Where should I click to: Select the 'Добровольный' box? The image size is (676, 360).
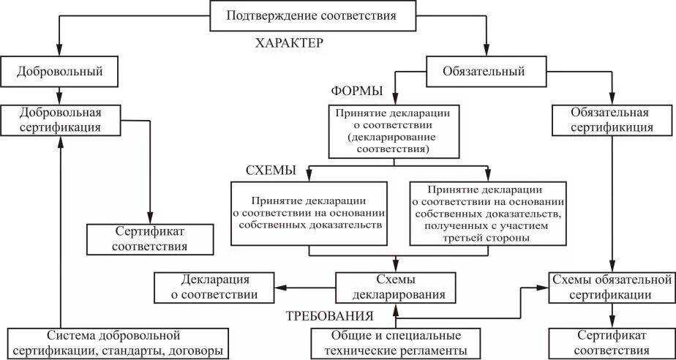(61, 72)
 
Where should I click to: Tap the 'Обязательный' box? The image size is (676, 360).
(484, 72)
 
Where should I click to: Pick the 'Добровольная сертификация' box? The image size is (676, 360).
(61, 120)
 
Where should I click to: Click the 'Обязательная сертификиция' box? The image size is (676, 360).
(612, 120)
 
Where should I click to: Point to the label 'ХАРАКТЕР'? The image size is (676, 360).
(289, 43)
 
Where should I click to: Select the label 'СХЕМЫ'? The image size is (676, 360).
(270, 170)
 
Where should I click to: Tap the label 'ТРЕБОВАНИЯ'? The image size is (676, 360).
(329, 317)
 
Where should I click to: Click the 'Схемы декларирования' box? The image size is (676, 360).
(395, 288)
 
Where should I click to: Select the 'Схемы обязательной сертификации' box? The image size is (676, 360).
(612, 288)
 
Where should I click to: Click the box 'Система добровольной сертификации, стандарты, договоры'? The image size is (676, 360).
(113, 343)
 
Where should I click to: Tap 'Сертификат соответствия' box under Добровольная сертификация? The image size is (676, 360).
(150, 239)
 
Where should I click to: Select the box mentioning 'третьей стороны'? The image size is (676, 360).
(487, 213)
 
